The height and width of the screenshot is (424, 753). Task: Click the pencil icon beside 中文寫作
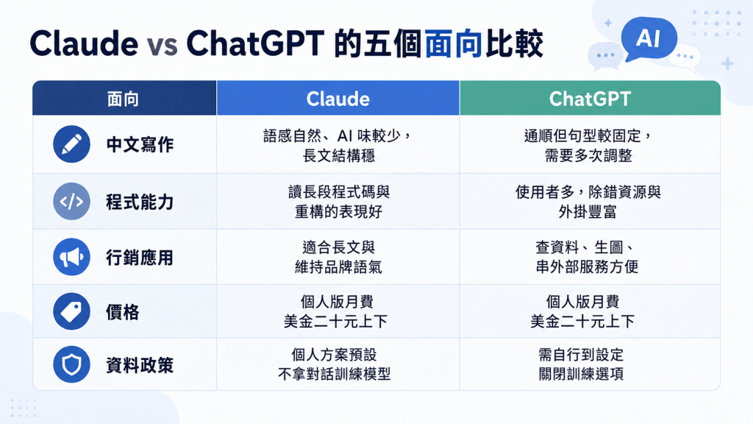click(71, 144)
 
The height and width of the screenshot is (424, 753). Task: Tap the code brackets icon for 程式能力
click(71, 202)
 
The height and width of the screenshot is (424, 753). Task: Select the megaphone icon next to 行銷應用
click(71, 257)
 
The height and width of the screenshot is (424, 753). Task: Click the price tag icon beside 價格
click(71, 311)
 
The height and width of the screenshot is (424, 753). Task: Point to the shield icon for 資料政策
click(71, 364)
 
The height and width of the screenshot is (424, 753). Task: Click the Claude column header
click(338, 99)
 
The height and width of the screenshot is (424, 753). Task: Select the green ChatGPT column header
click(590, 99)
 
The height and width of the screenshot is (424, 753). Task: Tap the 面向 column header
click(124, 99)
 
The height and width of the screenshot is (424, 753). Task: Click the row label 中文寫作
click(140, 145)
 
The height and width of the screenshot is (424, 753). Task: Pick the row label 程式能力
click(140, 202)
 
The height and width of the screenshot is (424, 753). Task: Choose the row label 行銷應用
click(140, 258)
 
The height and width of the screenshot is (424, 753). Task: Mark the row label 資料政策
click(140, 365)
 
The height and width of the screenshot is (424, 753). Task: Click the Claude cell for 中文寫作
click(338, 145)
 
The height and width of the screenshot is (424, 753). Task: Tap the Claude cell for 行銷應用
click(338, 257)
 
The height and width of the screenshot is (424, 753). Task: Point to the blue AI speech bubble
click(649, 38)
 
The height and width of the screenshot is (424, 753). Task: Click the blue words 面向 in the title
click(453, 43)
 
